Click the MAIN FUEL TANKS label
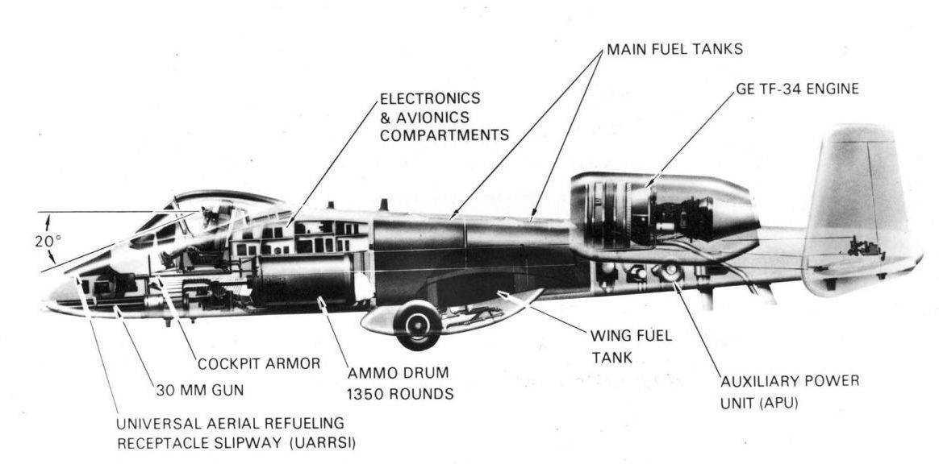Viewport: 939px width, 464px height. pos(674,50)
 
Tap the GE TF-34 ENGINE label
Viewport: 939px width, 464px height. pos(797,89)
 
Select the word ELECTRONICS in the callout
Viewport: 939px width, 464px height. pos(430,99)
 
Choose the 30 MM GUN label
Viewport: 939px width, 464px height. pos(199,391)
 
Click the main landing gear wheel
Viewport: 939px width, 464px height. pos(419,325)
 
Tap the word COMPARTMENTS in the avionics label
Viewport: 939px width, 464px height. pos(444,135)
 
